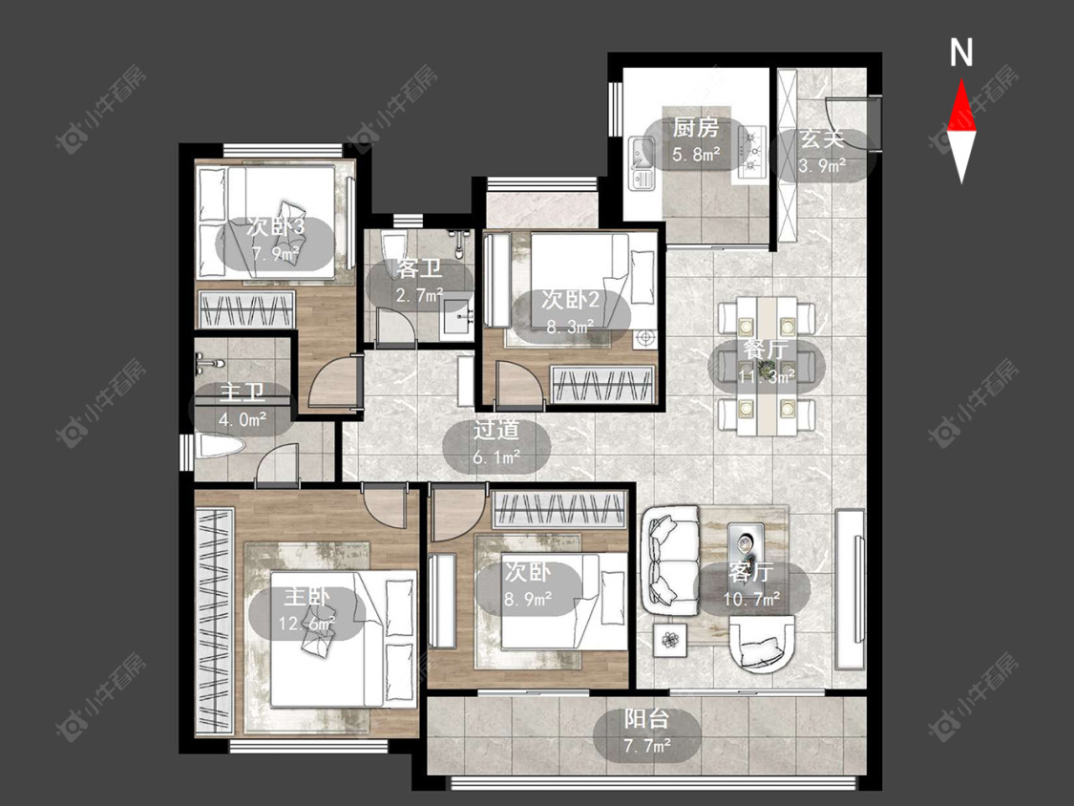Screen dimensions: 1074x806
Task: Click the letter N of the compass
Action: pos(961,53)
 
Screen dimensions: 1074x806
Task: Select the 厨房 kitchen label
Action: pos(695,128)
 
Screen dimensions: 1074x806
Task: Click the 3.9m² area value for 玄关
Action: pos(822,166)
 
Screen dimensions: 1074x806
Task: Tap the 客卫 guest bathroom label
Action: pos(418,268)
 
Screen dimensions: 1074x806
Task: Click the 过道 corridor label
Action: pos(496,431)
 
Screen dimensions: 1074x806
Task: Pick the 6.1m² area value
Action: pos(496,456)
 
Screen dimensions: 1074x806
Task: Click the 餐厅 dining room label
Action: pos(767,349)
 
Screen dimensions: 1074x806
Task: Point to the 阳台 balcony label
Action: pos(646,719)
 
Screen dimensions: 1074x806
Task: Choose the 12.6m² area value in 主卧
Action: pos(307,623)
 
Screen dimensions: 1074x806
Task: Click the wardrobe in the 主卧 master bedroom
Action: pos(215,621)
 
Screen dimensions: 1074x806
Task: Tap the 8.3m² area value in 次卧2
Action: pos(571,327)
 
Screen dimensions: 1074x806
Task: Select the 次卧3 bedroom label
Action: pos(275,227)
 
